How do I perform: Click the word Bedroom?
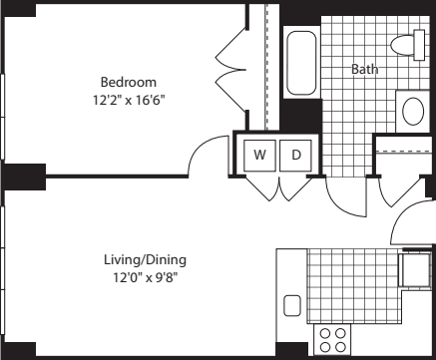[x=129, y=82]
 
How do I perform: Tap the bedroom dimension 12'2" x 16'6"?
[x=129, y=100]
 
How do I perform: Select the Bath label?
[x=364, y=69]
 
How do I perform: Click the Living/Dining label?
[x=146, y=260]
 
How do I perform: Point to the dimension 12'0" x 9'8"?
[x=146, y=277]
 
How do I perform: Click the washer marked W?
[x=259, y=156]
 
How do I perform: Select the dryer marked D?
[x=295, y=156]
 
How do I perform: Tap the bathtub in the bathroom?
[x=301, y=63]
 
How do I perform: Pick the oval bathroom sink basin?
[x=413, y=111]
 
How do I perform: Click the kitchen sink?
[x=292, y=306]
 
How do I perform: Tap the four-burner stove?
[x=332, y=340]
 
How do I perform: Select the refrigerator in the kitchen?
[x=416, y=270]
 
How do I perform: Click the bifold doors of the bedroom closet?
[x=230, y=70]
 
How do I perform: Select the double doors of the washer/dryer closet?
[x=279, y=188]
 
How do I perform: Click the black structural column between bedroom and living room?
[x=25, y=177]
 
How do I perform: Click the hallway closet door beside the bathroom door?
[x=400, y=192]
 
